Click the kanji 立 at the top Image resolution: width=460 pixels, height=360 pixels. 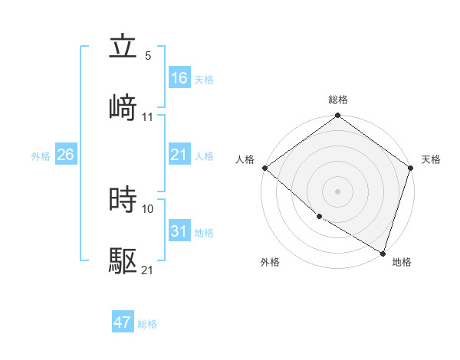(x=123, y=47)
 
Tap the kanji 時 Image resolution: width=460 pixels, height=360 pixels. (x=123, y=200)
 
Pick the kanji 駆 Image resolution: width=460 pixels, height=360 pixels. (x=123, y=261)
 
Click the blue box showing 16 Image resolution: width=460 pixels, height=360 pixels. (x=179, y=78)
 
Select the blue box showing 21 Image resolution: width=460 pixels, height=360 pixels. (x=179, y=155)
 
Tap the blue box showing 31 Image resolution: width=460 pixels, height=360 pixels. (x=179, y=231)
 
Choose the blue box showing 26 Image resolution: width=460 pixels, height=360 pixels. (x=66, y=155)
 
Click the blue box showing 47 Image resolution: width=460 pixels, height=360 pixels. (x=123, y=322)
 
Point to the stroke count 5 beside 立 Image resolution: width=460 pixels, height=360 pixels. (x=148, y=56)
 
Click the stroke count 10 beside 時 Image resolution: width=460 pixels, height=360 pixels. (x=148, y=208)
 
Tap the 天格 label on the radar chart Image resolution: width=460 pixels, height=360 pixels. (x=431, y=159)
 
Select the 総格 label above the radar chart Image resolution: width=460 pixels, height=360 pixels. (x=338, y=100)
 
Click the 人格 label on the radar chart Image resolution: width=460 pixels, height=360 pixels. (x=245, y=159)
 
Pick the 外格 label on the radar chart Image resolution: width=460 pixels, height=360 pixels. (x=270, y=262)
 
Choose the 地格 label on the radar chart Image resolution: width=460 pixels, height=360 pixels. (x=402, y=262)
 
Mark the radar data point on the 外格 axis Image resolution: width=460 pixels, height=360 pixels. (x=319, y=217)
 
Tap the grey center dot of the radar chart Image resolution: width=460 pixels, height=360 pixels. (x=338, y=191)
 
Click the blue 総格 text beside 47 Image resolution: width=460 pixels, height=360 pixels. (x=147, y=324)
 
